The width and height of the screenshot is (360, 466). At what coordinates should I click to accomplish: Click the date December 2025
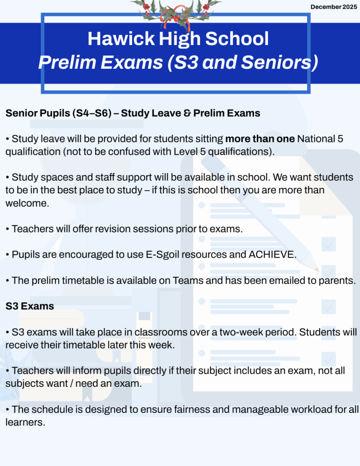(x=334, y=7)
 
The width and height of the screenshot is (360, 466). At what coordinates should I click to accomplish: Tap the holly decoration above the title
(x=175, y=11)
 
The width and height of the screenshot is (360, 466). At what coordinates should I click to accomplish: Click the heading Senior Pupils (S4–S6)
(x=59, y=113)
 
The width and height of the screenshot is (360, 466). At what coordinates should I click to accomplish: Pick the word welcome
(x=27, y=203)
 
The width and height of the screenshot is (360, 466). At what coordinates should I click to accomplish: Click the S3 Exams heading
(x=30, y=306)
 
